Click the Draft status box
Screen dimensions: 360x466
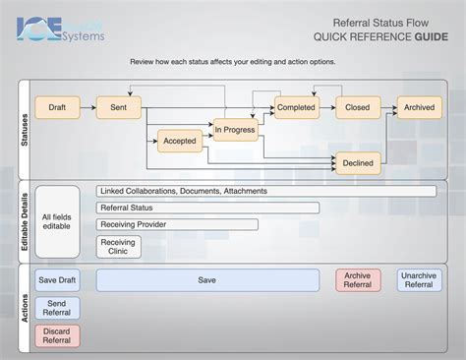point(57,107)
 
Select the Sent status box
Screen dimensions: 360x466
point(119,107)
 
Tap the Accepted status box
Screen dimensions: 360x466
point(180,141)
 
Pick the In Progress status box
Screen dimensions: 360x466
point(234,129)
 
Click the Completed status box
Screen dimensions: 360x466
point(296,107)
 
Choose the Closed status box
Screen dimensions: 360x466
point(358,107)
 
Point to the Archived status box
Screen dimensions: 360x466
point(419,107)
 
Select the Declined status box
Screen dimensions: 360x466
point(358,162)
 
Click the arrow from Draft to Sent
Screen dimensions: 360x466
point(88,107)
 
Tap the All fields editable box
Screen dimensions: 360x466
point(57,221)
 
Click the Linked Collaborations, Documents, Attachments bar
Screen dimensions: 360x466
point(265,191)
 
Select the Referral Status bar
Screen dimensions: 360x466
point(207,208)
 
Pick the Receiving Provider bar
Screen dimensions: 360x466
point(177,224)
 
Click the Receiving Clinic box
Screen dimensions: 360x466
point(118,247)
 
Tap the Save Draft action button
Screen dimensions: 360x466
point(57,280)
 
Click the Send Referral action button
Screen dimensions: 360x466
point(57,308)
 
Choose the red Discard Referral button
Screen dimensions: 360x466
point(57,335)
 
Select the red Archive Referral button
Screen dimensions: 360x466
point(358,280)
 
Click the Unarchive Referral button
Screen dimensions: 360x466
point(419,280)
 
